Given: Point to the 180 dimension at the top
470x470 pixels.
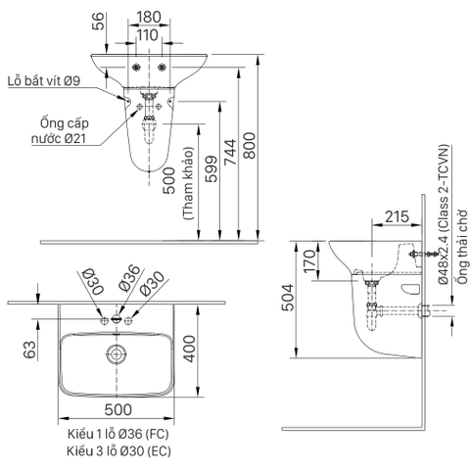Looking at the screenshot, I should pos(149,17).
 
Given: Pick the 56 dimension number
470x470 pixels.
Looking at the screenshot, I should pos(96,21).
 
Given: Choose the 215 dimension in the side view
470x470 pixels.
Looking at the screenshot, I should pos(368,217).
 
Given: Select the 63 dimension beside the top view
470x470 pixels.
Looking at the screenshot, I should pos(30,348).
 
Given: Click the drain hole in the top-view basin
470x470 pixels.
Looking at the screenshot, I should pos(117,354).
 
